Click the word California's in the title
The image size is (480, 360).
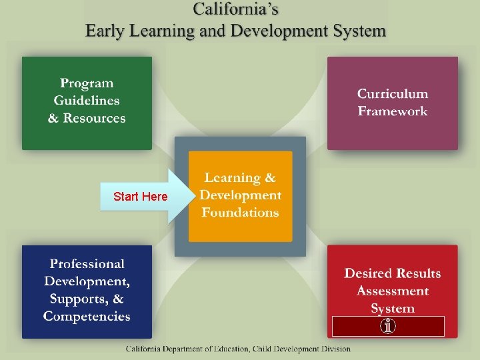point(235,9)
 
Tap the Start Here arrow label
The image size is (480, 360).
point(141,197)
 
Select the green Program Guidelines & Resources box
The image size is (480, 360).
point(87,103)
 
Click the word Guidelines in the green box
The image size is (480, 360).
point(87,101)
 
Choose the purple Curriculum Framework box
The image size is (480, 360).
point(392,103)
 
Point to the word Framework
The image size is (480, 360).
point(392,111)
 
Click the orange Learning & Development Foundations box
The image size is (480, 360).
point(240,196)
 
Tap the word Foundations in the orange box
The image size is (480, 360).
point(240,213)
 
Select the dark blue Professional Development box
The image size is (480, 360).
point(87,291)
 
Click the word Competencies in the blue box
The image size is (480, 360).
point(87,317)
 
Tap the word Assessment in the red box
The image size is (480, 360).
point(392,291)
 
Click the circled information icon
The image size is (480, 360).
point(388,327)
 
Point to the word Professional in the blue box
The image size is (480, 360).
point(87,265)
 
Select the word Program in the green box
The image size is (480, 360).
point(87,83)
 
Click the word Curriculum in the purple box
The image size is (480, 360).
point(392,94)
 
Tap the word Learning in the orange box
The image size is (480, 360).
point(233,178)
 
